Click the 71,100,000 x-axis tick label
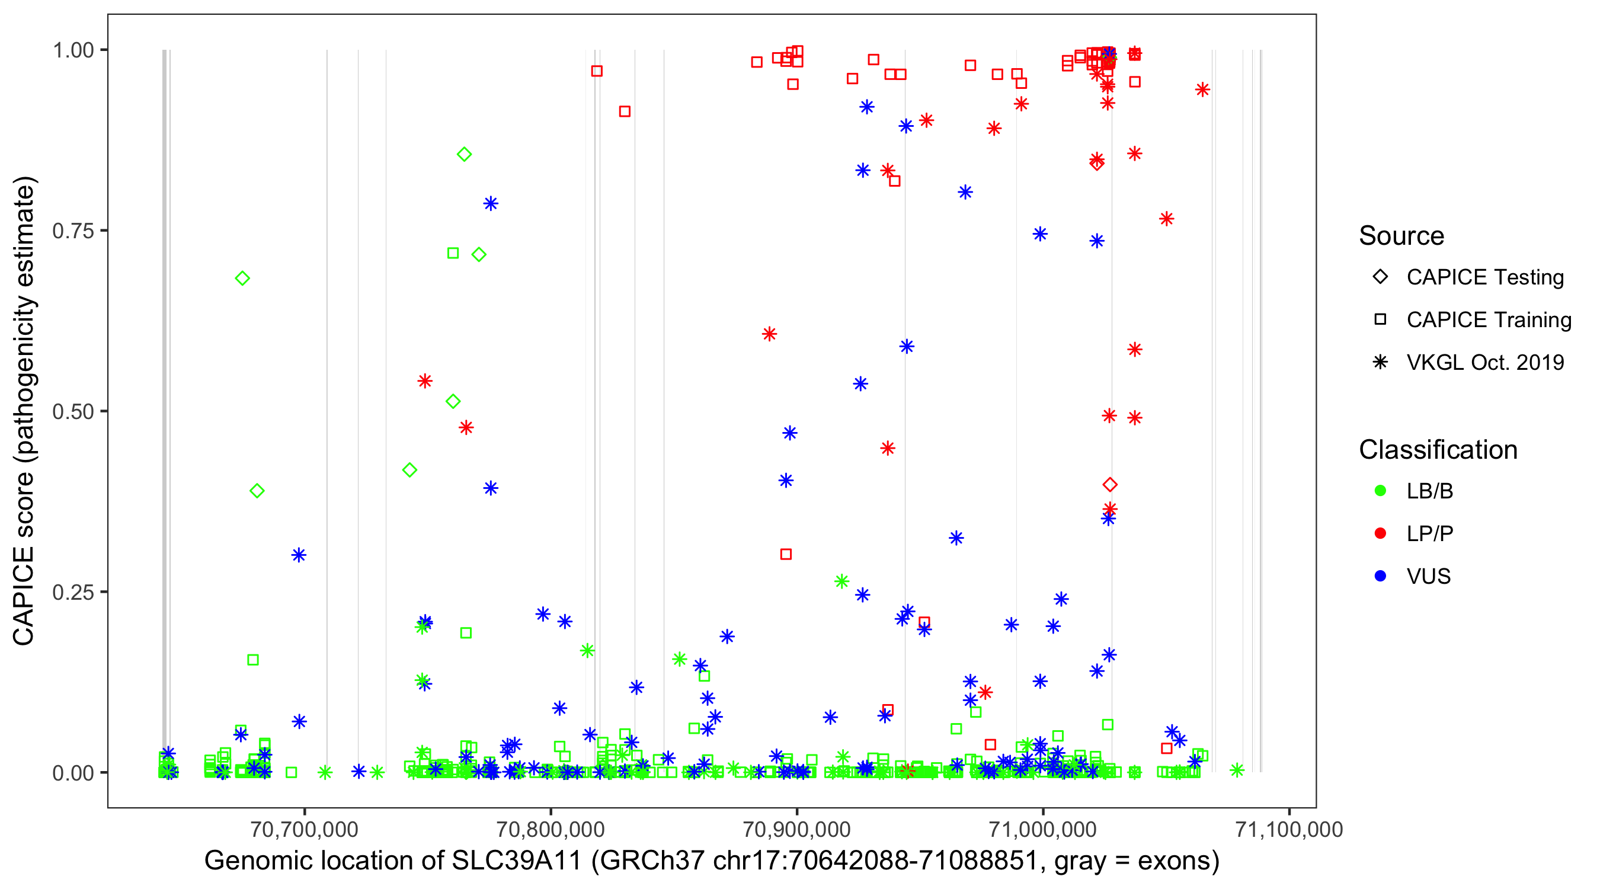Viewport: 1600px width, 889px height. pyautogui.click(x=1289, y=829)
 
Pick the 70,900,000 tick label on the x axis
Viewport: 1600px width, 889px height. pyautogui.click(x=797, y=829)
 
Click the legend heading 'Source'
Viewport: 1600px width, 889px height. pyautogui.click(x=1401, y=236)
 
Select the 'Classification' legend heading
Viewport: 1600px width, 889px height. pyautogui.click(x=1438, y=450)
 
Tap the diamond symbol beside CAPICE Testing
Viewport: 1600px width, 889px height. pyautogui.click(x=1380, y=277)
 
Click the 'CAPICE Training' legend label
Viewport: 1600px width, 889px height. pyautogui.click(x=1489, y=320)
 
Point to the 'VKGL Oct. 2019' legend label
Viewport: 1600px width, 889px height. pyautogui.click(x=1485, y=363)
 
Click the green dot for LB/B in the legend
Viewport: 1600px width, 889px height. pyautogui.click(x=1380, y=491)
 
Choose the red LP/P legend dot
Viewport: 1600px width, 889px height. pyautogui.click(x=1380, y=533)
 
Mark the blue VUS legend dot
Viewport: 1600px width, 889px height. pyautogui.click(x=1380, y=577)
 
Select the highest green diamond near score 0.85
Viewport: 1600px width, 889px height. pyautogui.click(x=464, y=155)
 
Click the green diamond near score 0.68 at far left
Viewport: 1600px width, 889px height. pyautogui.click(x=242, y=279)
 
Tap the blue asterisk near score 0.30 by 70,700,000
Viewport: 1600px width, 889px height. pyautogui.click(x=299, y=555)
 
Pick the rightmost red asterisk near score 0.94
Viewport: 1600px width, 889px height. pyautogui.click(x=1202, y=90)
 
